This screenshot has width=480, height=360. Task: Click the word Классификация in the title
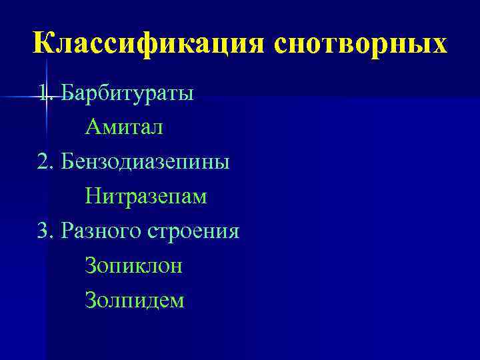(x=147, y=43)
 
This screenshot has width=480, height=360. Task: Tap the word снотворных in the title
(x=359, y=43)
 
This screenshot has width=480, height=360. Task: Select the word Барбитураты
(x=127, y=93)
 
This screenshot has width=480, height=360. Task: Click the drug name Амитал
(x=123, y=127)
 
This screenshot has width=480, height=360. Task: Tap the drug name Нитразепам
(x=146, y=197)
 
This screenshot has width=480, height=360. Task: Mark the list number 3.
(x=44, y=231)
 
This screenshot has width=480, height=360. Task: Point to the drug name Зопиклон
(x=133, y=266)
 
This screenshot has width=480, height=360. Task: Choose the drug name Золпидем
(x=134, y=301)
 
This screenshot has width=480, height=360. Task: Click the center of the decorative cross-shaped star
(x=47, y=97)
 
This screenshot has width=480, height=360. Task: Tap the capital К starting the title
(x=43, y=43)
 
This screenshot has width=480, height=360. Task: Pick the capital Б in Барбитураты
(x=67, y=93)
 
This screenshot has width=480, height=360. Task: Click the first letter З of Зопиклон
(x=90, y=266)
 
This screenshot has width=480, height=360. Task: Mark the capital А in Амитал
(x=92, y=127)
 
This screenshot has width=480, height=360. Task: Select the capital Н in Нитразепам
(x=92, y=197)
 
